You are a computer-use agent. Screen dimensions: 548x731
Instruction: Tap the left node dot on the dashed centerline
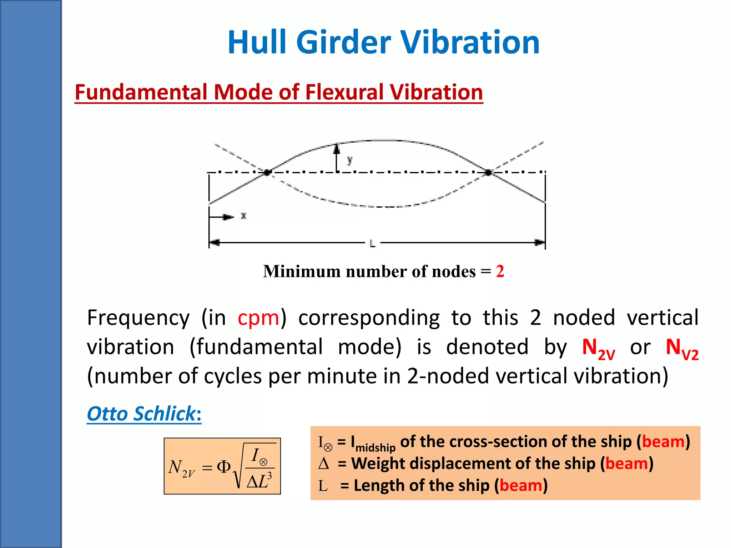click(267, 173)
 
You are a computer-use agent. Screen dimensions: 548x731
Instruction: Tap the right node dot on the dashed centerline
click(489, 173)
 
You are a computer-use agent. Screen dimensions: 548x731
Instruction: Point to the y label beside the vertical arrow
click(349, 160)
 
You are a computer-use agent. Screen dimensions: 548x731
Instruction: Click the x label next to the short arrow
click(243, 216)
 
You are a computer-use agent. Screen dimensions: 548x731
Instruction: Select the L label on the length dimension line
click(372, 244)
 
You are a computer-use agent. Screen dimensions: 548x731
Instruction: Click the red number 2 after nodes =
click(500, 272)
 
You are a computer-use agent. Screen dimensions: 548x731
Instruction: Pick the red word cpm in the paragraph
click(258, 318)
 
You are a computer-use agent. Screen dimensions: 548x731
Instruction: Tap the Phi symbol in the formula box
click(224, 467)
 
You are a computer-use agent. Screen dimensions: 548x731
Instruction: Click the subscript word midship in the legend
click(375, 447)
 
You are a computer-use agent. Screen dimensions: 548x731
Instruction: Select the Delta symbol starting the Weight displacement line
click(323, 464)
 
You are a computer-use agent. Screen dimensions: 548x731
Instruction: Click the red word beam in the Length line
click(521, 486)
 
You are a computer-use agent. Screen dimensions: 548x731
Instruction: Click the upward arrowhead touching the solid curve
click(336, 148)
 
